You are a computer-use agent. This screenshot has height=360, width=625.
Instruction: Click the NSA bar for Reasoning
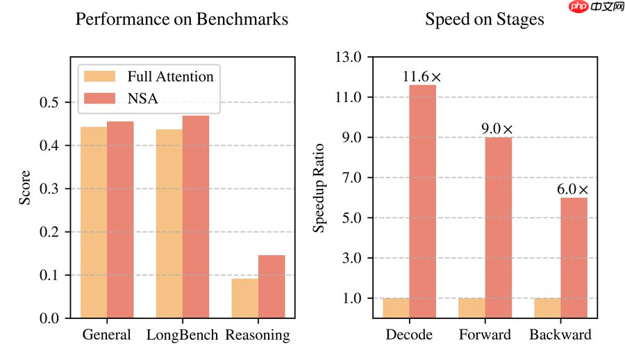272,286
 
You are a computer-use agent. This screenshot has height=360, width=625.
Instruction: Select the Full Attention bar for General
94,222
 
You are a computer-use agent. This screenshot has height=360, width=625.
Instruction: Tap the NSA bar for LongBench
196,217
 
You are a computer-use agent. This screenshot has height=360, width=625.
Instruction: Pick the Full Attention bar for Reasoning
245,298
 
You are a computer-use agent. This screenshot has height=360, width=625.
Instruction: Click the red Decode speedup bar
423,202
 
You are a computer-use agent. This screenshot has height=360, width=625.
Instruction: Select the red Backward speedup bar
574,258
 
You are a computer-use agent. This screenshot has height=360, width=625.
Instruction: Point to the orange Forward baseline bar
472,308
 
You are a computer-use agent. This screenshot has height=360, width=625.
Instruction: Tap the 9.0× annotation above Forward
498,129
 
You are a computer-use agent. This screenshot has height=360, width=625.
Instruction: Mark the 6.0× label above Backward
573,189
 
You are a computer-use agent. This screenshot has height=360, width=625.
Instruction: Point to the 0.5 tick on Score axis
53,103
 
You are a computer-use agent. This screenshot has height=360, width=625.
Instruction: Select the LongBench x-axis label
182,335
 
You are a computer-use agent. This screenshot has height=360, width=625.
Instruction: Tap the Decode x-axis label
409,335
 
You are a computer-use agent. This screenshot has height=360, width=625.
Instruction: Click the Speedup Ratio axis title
319,188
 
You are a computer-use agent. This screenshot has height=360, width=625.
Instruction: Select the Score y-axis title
25,188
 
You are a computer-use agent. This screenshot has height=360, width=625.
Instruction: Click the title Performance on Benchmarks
181,19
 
